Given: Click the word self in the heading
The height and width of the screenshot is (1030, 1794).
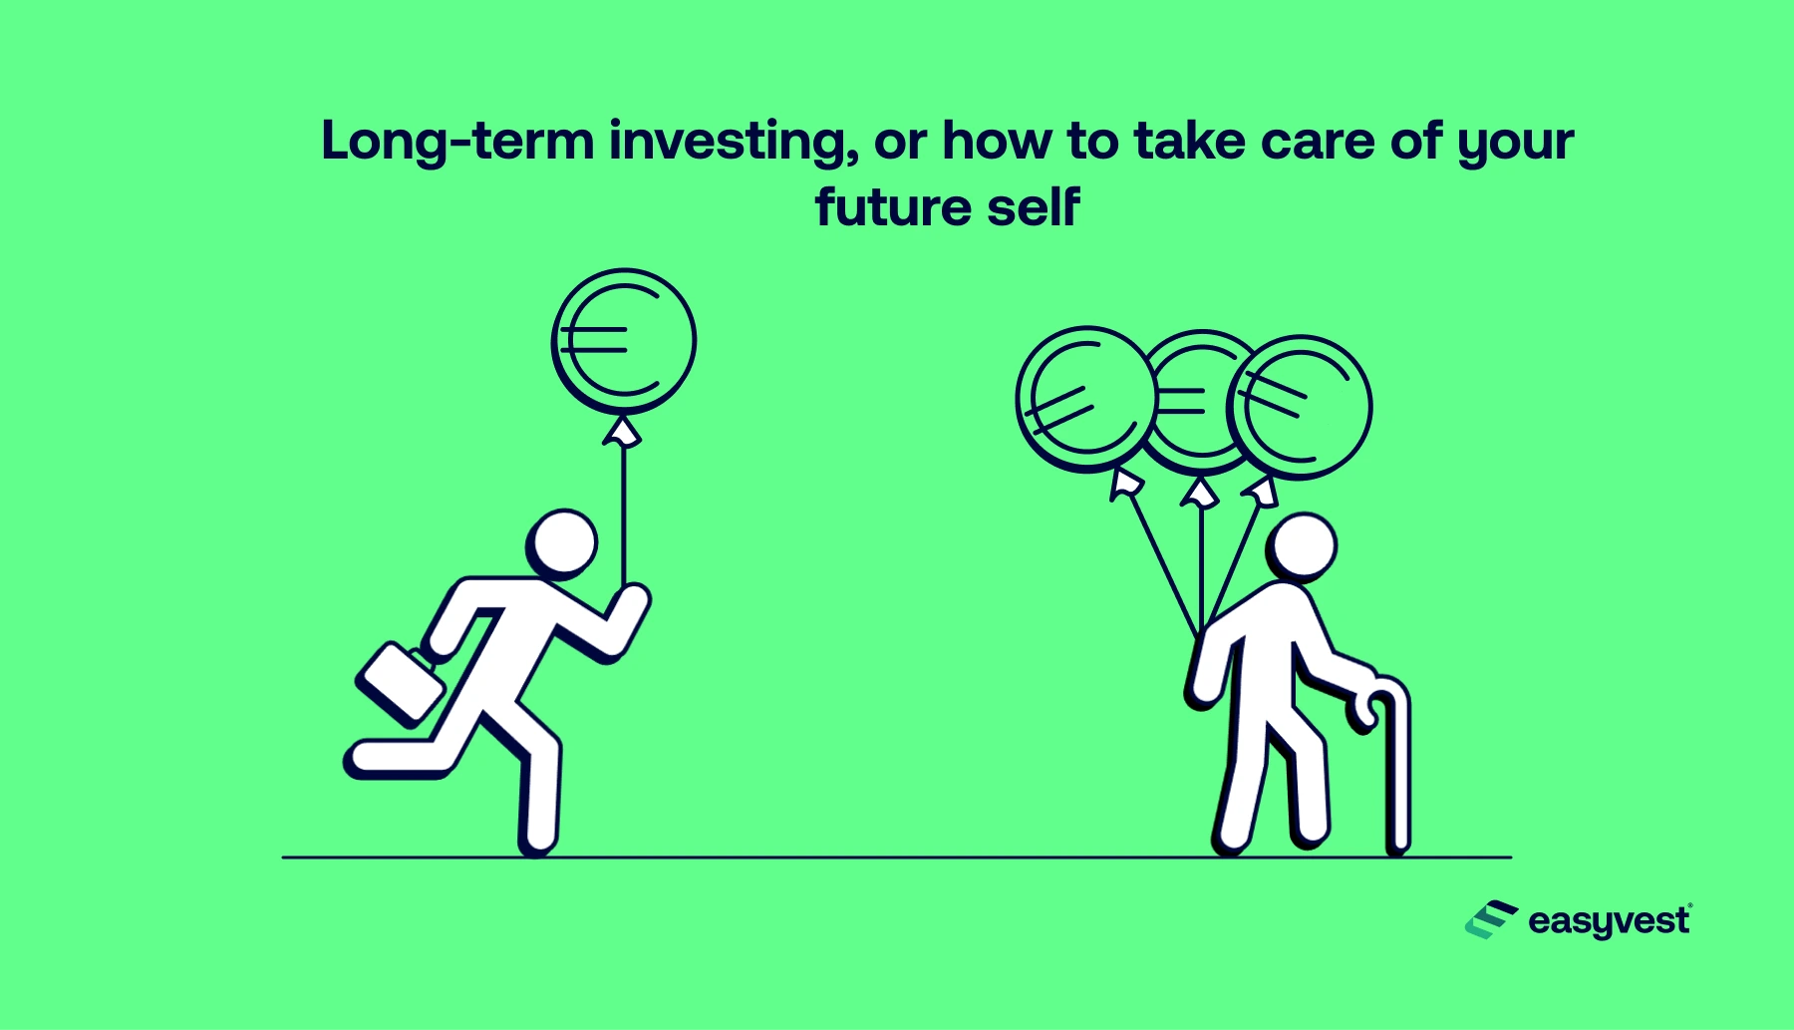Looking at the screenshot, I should pyautogui.click(x=1033, y=207).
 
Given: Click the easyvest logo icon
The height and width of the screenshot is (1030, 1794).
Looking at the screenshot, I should pyautogui.click(x=1490, y=919).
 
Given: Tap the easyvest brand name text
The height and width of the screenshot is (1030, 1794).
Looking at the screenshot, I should pyautogui.click(x=1609, y=921).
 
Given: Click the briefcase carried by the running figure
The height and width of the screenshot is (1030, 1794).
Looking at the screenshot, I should pyautogui.click(x=401, y=684).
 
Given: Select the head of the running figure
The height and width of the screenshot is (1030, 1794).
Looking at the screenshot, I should pyautogui.click(x=563, y=543).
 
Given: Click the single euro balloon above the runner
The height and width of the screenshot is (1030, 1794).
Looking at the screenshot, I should pyautogui.click(x=624, y=341).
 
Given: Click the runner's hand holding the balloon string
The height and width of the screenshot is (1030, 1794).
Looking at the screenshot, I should pyautogui.click(x=630, y=602).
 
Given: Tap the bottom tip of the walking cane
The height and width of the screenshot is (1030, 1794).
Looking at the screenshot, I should pyautogui.click(x=1398, y=847).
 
